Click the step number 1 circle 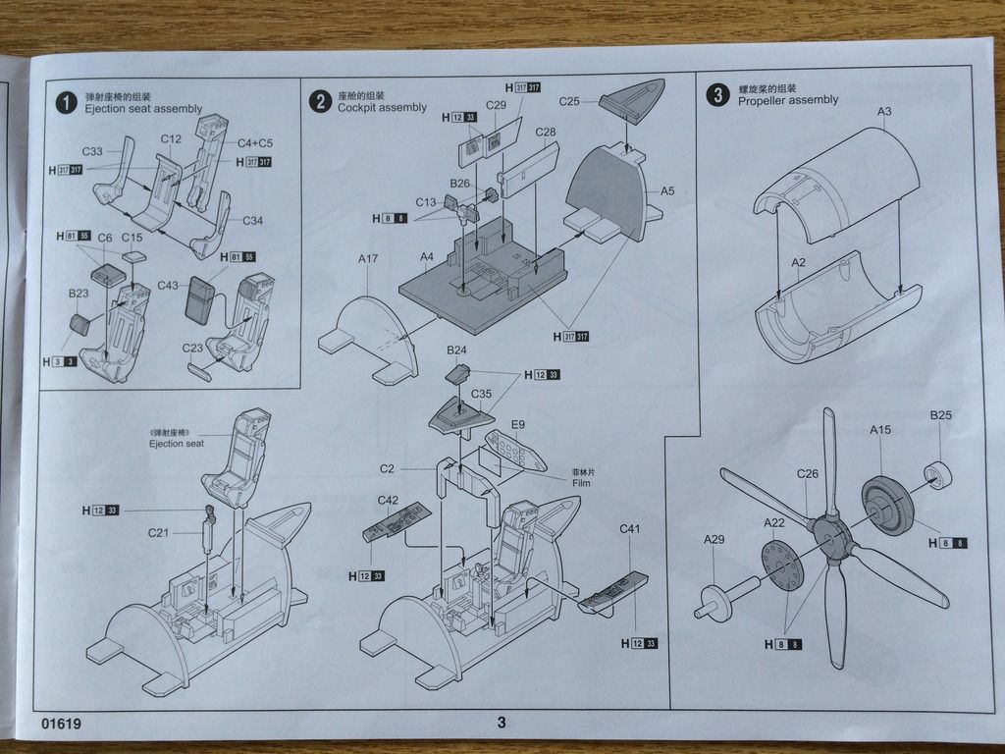(x=66, y=103)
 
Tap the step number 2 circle (x=320, y=101)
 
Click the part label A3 (x=884, y=111)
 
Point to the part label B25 (x=940, y=415)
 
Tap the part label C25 (x=570, y=101)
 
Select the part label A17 (x=368, y=259)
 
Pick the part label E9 (x=518, y=424)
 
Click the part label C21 (x=158, y=533)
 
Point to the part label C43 (x=168, y=285)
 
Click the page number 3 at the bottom (x=501, y=724)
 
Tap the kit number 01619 (x=61, y=725)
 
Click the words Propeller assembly (x=788, y=100)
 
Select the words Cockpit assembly (x=382, y=108)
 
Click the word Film (x=583, y=483)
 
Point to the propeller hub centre (x=831, y=536)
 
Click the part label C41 (x=629, y=530)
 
